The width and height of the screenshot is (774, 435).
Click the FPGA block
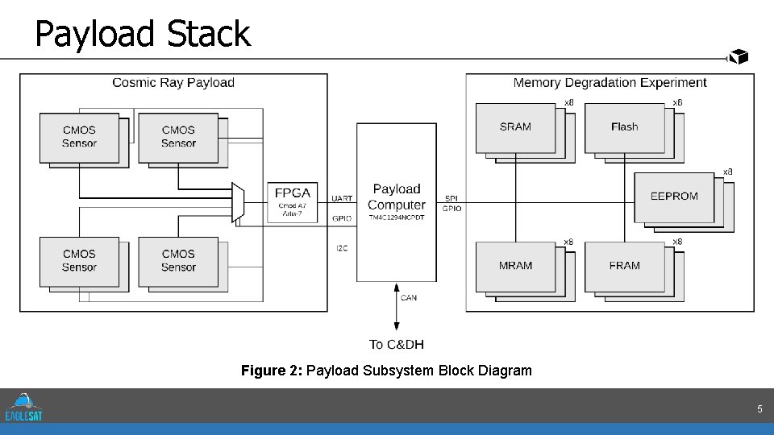[291, 201]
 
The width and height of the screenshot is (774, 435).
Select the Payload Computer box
[397, 201]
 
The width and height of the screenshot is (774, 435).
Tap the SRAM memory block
[515, 127]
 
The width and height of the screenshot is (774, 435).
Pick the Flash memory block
[624, 127]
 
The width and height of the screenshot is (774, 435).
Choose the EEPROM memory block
[674, 197]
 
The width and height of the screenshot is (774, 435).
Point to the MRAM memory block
[515, 266]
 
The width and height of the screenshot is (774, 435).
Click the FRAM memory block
[624, 266]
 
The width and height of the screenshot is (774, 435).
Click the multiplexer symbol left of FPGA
[238, 201]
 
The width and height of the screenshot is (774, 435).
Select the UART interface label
[342, 198]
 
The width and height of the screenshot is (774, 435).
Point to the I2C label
[342, 248]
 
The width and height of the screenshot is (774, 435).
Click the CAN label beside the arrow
[409, 298]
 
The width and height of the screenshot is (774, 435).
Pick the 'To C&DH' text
[396, 345]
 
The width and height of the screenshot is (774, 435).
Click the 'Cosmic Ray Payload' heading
[173, 82]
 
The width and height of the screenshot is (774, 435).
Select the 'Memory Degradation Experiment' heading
[610, 82]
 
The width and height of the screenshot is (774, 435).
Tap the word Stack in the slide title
[209, 34]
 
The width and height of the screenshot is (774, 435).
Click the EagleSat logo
[23, 406]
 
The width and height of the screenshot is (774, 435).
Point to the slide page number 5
[759, 409]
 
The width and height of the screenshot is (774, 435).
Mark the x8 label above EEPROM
[727, 172]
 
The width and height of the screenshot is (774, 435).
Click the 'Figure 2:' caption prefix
[272, 371]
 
